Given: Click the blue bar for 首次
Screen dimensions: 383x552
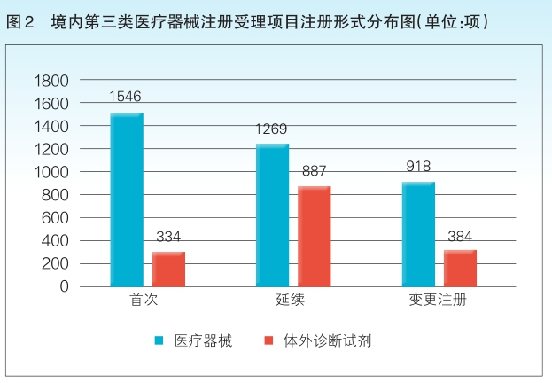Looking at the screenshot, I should (x=127, y=199).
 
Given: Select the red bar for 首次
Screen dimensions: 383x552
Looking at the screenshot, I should (x=169, y=269).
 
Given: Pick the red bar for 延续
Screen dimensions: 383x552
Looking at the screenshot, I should (x=315, y=237).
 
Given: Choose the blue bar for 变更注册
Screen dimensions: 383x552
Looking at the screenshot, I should (x=417, y=234).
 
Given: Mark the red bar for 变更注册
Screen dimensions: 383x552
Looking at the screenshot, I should (x=460, y=268).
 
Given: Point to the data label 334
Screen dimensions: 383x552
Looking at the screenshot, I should (x=169, y=237).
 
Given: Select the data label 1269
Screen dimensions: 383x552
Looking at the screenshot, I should (x=271, y=129).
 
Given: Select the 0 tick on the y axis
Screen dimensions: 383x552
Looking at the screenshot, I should (x=63, y=286).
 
